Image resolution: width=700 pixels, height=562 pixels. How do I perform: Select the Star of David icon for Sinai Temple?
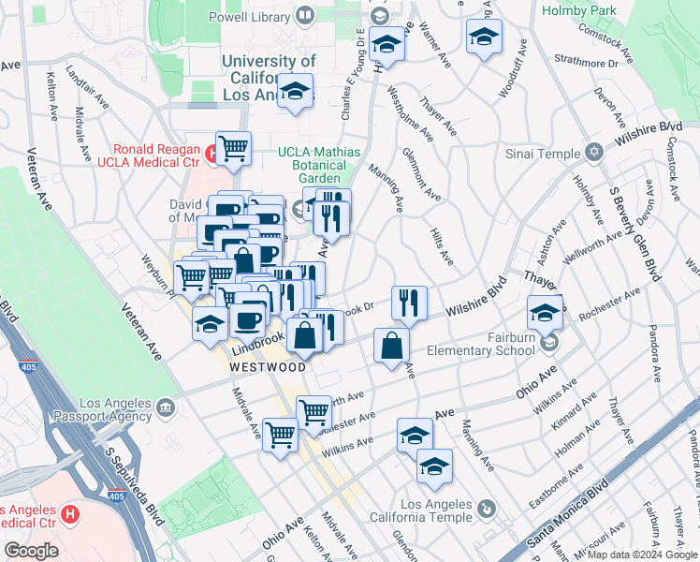[593, 152]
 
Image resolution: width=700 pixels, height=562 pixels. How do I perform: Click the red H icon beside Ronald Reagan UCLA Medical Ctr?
[211, 150]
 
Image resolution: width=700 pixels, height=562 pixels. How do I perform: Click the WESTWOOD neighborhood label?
[268, 367]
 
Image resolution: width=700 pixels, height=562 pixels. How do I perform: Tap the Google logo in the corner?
[31, 551]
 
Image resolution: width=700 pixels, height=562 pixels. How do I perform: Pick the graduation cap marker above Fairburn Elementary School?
[545, 312]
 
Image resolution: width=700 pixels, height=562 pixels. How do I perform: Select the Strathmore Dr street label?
[586, 64]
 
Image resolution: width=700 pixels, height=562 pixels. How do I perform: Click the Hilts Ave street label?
[441, 245]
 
